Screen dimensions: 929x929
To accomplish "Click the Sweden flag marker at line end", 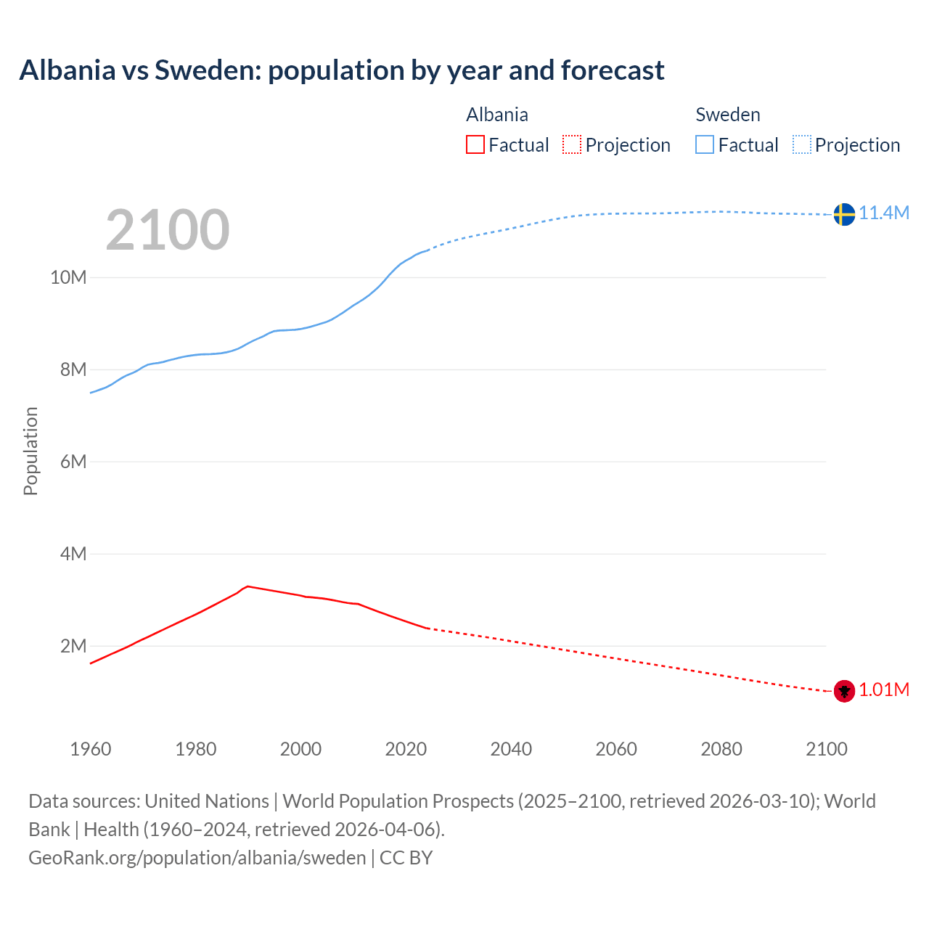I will (844, 214).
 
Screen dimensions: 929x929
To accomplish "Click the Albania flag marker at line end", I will (844, 691).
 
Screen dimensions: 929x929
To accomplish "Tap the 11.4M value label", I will (884, 213).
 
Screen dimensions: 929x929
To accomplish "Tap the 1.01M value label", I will (884, 689).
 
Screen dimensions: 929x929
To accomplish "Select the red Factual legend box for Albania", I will (475, 145).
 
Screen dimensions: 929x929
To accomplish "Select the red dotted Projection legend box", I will (572, 145).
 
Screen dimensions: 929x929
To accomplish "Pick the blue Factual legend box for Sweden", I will (705, 145).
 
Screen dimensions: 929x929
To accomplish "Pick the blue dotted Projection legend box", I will (802, 145).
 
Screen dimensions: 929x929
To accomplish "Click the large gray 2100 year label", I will (168, 230).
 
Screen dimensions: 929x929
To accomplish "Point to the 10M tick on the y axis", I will (68, 277).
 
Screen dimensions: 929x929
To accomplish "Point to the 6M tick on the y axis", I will (73, 462).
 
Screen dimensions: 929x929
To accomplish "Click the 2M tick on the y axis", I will (73, 646).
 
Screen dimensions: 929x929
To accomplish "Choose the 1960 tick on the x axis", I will (91, 749).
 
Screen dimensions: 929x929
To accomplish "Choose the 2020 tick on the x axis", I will (406, 749).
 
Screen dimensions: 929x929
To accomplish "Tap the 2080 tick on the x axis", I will (721, 749).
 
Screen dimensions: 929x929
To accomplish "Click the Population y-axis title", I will (30, 451).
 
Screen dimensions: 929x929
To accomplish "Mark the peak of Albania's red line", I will (247, 586).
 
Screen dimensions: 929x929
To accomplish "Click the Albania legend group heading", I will (497, 115).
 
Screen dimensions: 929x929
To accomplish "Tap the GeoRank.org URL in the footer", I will (197, 858).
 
